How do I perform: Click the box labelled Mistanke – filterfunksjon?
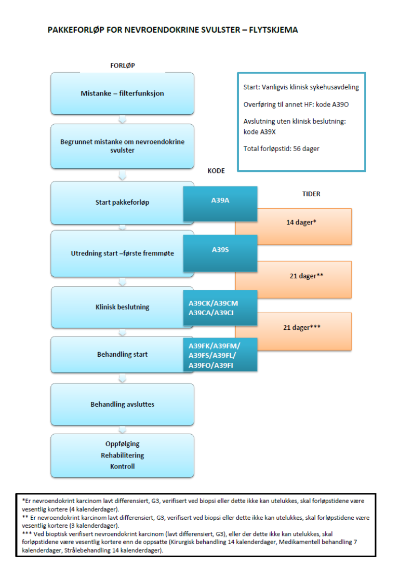[x=122, y=93]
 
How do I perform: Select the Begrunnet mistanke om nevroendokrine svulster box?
[x=122, y=146]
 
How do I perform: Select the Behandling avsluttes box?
[x=122, y=404]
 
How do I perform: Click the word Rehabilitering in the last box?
[x=122, y=455]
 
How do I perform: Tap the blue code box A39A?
[x=220, y=199]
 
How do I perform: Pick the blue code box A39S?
[x=220, y=250]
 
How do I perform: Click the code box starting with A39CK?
[x=220, y=307]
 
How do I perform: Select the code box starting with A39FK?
[x=220, y=355]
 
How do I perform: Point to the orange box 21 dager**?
[x=307, y=276]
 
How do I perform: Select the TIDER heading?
[x=311, y=194]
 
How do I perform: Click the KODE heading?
[x=216, y=171]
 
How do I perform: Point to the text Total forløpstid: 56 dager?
[x=281, y=149]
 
